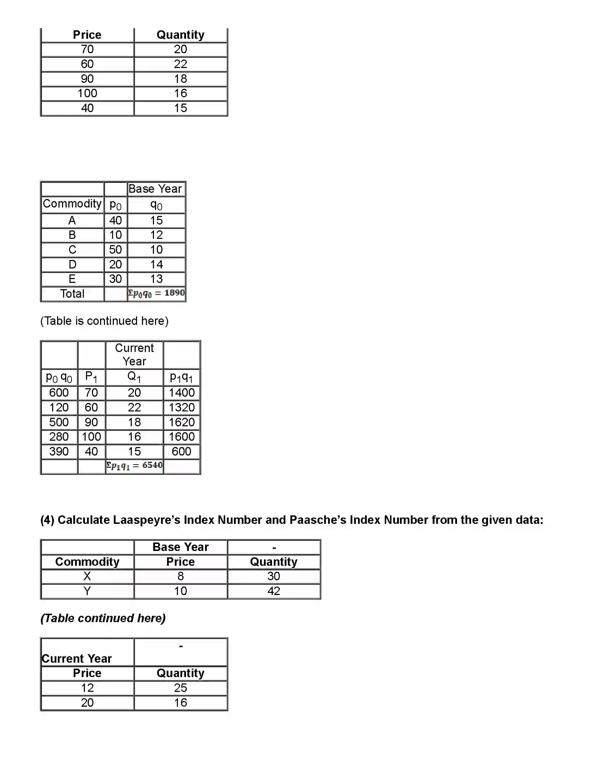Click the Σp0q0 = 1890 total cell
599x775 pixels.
tap(156, 293)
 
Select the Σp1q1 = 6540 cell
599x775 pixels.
tap(134, 466)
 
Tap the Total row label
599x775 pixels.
tap(72, 294)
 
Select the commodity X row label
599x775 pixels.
tap(87, 576)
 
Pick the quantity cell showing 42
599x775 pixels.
tap(273, 591)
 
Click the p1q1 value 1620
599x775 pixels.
tap(182, 422)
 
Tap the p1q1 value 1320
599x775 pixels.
tap(182, 407)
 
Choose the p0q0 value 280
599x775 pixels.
tap(59, 437)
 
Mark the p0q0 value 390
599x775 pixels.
tap(59, 452)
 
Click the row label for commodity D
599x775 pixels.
tap(72, 264)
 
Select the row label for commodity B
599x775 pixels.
tap(72, 235)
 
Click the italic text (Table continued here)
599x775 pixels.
tap(103, 618)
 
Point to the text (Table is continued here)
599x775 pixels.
tap(104, 321)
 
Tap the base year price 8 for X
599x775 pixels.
tap(180, 576)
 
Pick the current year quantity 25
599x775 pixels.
tap(180, 688)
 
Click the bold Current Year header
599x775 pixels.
tap(77, 659)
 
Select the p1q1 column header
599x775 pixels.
tap(181, 377)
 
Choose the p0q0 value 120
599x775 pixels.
tap(59, 407)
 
